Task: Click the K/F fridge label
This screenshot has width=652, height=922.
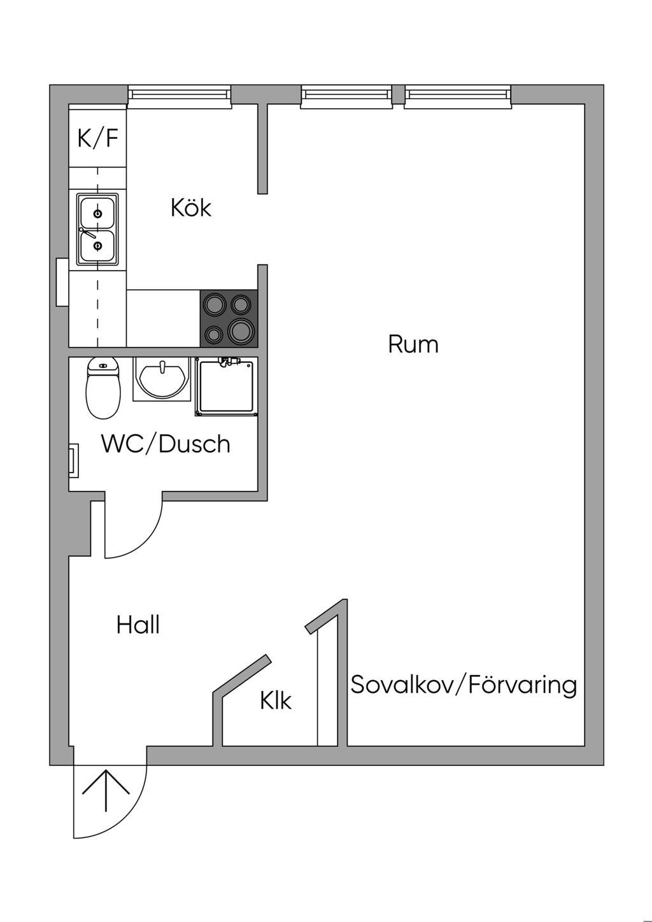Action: (98, 138)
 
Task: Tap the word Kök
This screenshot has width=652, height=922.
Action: (191, 208)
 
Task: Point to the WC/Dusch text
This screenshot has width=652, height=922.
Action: (166, 444)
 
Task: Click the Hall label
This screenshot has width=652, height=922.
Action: (138, 625)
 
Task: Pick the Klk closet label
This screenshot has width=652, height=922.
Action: (276, 700)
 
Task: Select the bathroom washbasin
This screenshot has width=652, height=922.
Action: (162, 379)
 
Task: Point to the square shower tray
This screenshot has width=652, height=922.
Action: (227, 387)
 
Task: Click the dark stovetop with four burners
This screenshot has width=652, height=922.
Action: (229, 318)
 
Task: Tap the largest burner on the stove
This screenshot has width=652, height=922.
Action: (241, 331)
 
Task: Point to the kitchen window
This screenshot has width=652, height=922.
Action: (179, 97)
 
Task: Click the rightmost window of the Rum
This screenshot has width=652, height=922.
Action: (458, 97)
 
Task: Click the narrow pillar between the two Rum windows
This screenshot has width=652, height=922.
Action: (398, 94)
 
